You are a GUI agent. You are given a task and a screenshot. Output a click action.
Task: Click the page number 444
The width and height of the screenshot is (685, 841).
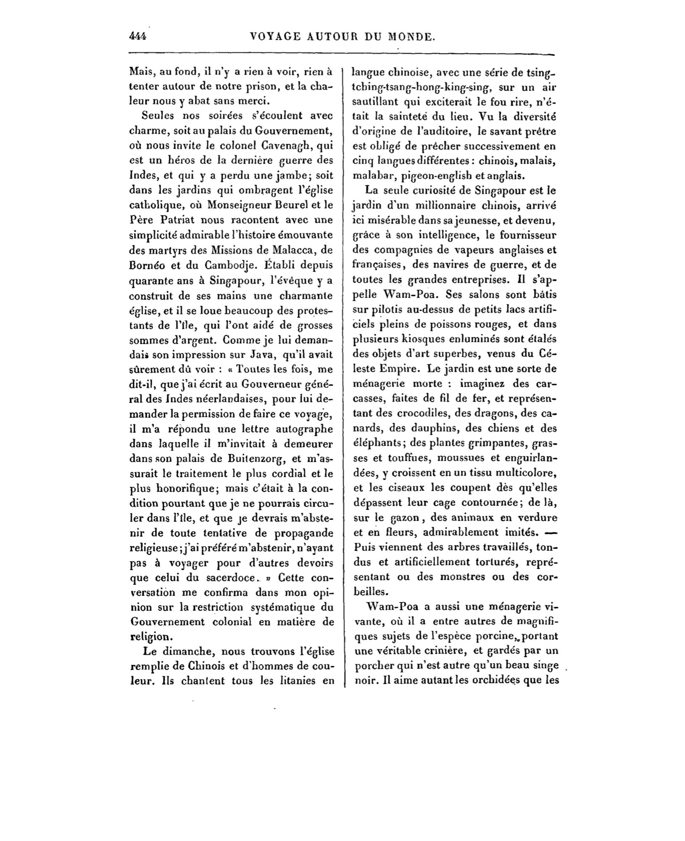[138, 37]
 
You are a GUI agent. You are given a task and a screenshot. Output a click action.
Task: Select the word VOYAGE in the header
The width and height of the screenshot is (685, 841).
[276, 37]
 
